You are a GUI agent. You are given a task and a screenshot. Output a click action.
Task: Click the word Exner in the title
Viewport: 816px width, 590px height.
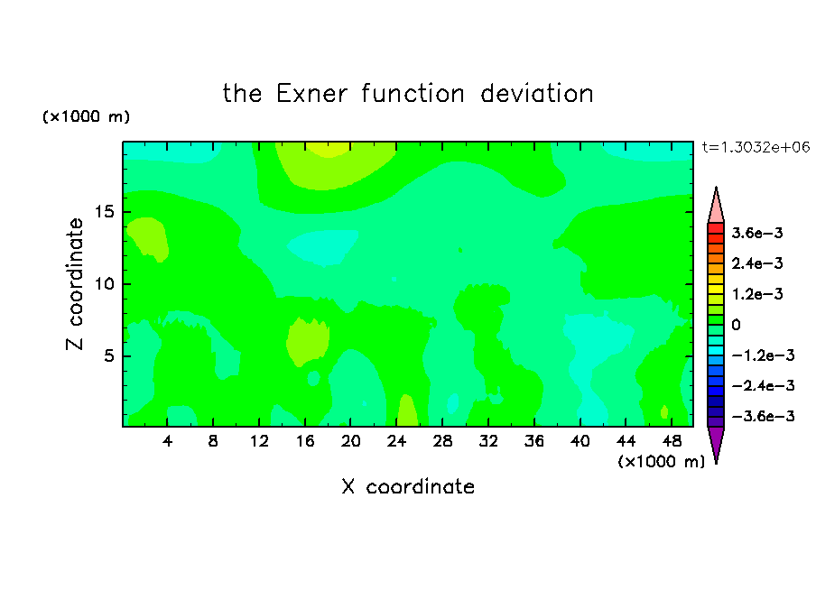(311, 94)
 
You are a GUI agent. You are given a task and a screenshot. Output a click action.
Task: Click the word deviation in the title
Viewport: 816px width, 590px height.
(537, 94)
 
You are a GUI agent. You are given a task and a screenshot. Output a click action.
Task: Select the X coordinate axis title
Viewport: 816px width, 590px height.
(408, 486)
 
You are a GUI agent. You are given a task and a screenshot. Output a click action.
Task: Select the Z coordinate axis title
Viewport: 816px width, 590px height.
(75, 283)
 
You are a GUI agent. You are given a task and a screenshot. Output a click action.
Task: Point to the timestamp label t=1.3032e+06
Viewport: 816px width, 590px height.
(756, 147)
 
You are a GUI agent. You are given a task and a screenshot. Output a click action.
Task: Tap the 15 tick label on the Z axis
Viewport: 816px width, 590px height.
(105, 212)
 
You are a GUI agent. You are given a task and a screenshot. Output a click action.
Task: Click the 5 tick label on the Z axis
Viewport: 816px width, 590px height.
(109, 355)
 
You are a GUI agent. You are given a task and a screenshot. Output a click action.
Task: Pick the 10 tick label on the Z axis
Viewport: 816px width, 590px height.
(105, 284)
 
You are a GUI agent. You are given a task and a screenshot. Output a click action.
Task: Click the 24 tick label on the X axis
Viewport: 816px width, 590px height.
(396, 441)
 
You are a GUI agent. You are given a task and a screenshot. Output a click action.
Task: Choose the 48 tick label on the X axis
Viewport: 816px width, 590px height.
(672, 441)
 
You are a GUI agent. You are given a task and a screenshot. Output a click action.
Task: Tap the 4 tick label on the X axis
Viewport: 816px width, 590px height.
(167, 441)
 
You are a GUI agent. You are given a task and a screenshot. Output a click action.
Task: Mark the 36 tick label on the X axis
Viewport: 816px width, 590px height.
(534, 441)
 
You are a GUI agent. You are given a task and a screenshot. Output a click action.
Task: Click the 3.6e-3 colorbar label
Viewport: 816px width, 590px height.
(757, 233)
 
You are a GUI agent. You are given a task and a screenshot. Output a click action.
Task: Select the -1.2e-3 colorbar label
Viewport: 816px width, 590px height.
(763, 355)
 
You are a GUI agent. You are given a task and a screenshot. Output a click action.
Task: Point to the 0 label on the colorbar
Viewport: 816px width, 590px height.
(736, 325)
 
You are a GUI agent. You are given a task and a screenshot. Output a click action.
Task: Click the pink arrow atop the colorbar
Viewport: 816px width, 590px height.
(716, 205)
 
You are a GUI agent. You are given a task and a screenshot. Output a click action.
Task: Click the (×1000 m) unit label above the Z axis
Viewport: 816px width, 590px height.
(86, 116)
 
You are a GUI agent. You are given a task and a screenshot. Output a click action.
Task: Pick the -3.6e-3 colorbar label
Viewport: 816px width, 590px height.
(763, 416)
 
